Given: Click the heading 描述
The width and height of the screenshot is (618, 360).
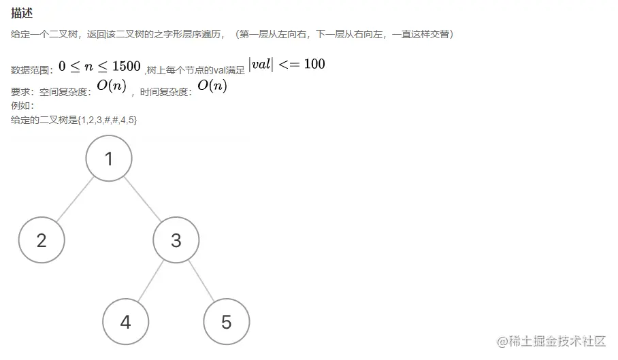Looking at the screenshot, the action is [x=22, y=13].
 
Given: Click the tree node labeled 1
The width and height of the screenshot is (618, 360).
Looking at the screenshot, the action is [x=109, y=159].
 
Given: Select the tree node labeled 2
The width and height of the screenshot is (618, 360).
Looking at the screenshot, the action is [x=42, y=240].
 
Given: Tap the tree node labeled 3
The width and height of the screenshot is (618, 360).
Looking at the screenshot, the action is [x=176, y=240].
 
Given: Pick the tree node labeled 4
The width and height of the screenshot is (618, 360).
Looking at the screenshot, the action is [x=125, y=322].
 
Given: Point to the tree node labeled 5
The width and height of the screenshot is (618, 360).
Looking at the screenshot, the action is [x=226, y=322].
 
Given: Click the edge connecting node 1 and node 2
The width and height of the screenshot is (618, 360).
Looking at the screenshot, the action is [x=75, y=199].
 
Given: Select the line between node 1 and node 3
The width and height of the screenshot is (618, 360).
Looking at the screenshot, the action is [x=143, y=199].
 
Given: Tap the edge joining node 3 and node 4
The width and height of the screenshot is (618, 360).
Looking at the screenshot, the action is [x=151, y=280].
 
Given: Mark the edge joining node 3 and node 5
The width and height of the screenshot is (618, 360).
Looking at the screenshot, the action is [x=201, y=280].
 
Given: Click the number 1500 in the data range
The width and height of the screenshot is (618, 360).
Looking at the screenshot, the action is [x=127, y=66].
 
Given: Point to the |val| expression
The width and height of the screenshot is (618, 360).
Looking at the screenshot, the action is [x=261, y=64].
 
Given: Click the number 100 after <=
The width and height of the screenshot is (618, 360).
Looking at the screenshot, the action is [x=314, y=65].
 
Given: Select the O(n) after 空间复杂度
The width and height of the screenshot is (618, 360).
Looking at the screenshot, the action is [x=112, y=87].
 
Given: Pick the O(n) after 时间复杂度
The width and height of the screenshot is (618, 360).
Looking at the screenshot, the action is [x=212, y=86].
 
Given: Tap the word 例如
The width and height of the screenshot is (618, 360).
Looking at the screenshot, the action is [x=20, y=106].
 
